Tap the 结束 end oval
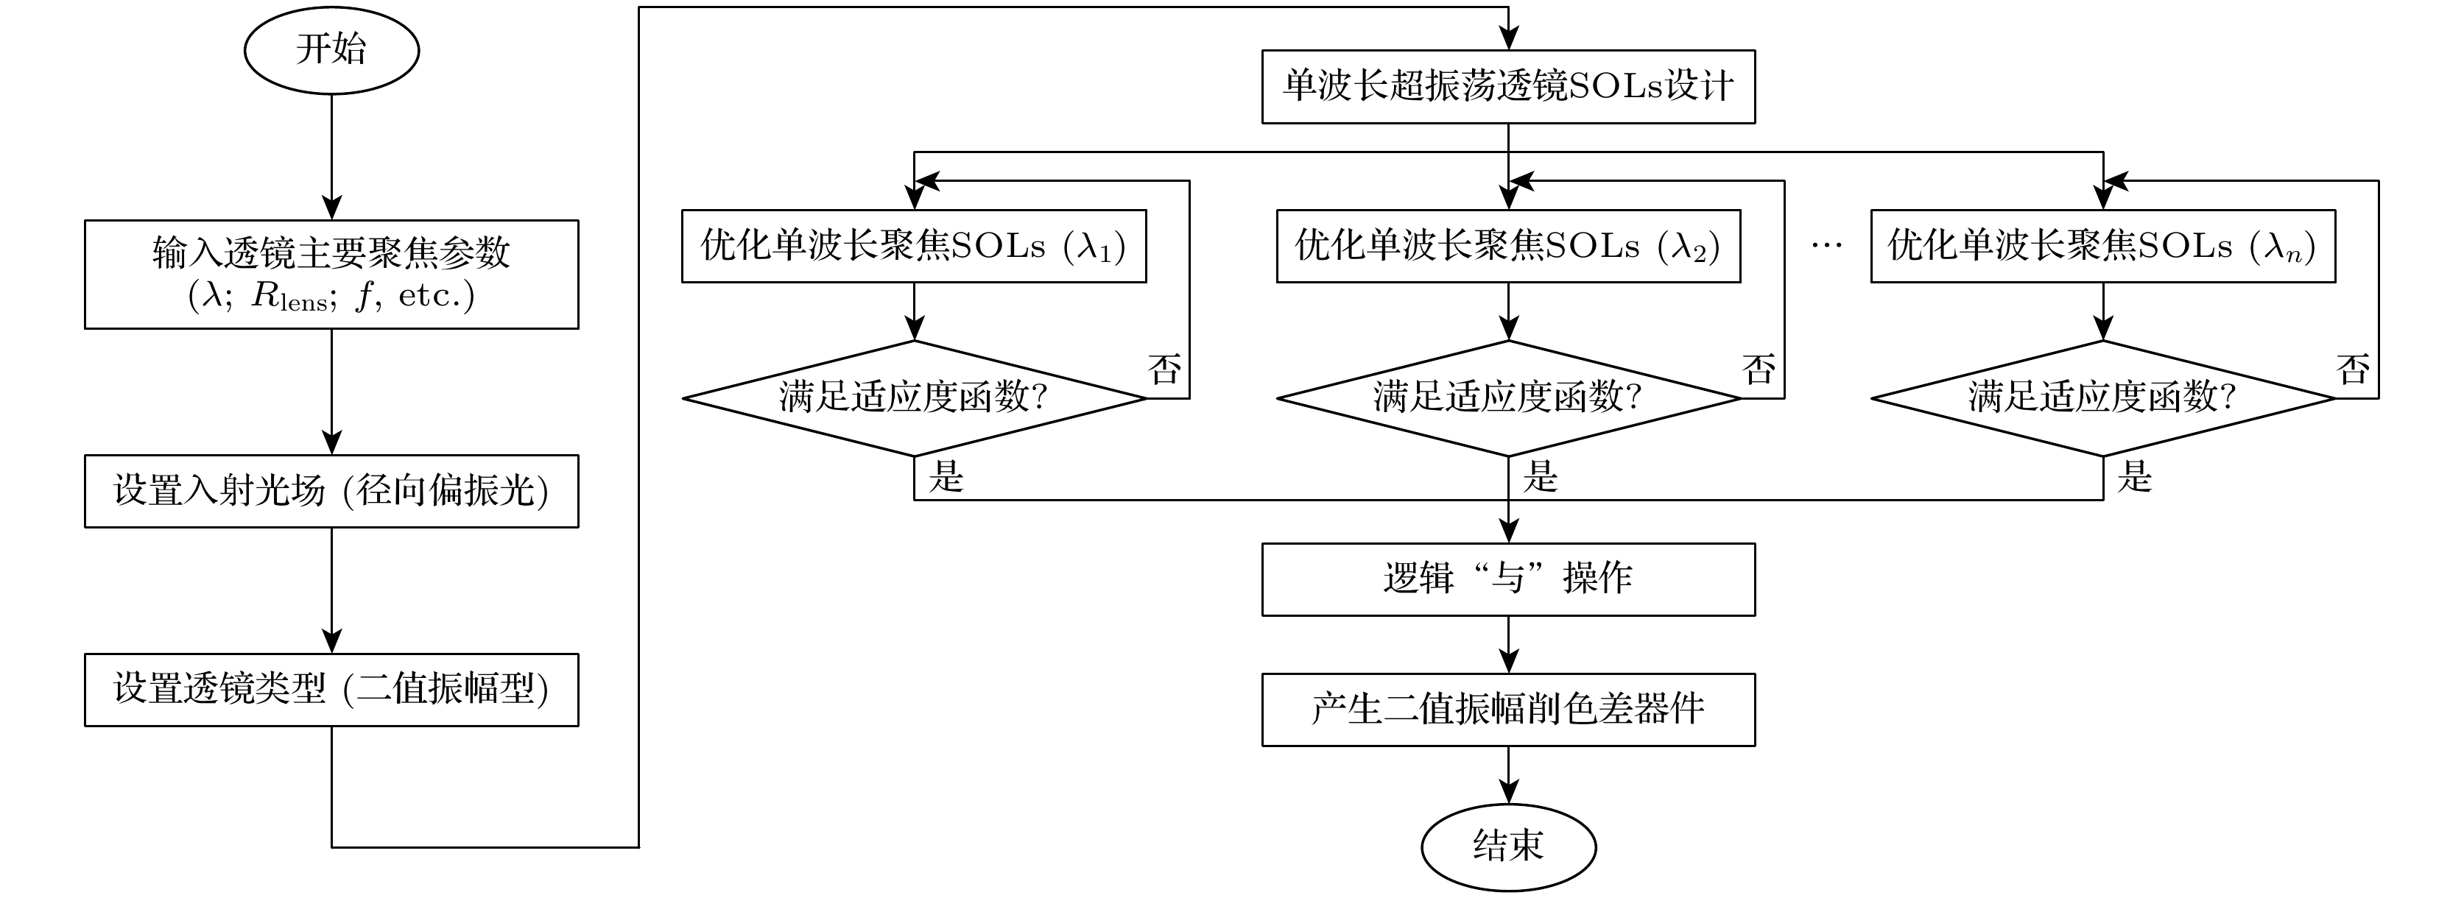coord(1508,846)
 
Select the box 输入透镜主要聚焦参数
coord(331,275)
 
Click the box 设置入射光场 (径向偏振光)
coord(331,491)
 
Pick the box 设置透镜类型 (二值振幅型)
coord(331,690)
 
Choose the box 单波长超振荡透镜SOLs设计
coord(1508,86)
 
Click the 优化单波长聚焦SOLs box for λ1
coord(913,246)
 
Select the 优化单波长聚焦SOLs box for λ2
coord(1508,246)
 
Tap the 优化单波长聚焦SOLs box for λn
coord(2102,246)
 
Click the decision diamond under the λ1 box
coord(913,397)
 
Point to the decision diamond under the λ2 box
coord(1508,397)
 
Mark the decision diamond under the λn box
coord(2102,397)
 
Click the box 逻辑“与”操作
coord(1508,579)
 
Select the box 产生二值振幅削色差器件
coord(1508,710)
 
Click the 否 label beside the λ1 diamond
coord(1164,370)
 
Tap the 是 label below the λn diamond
coord(2135,476)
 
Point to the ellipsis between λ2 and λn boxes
coord(1826,247)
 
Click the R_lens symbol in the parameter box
coord(288,297)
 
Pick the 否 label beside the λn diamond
coord(2353,370)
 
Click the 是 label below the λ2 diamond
coord(1540,476)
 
